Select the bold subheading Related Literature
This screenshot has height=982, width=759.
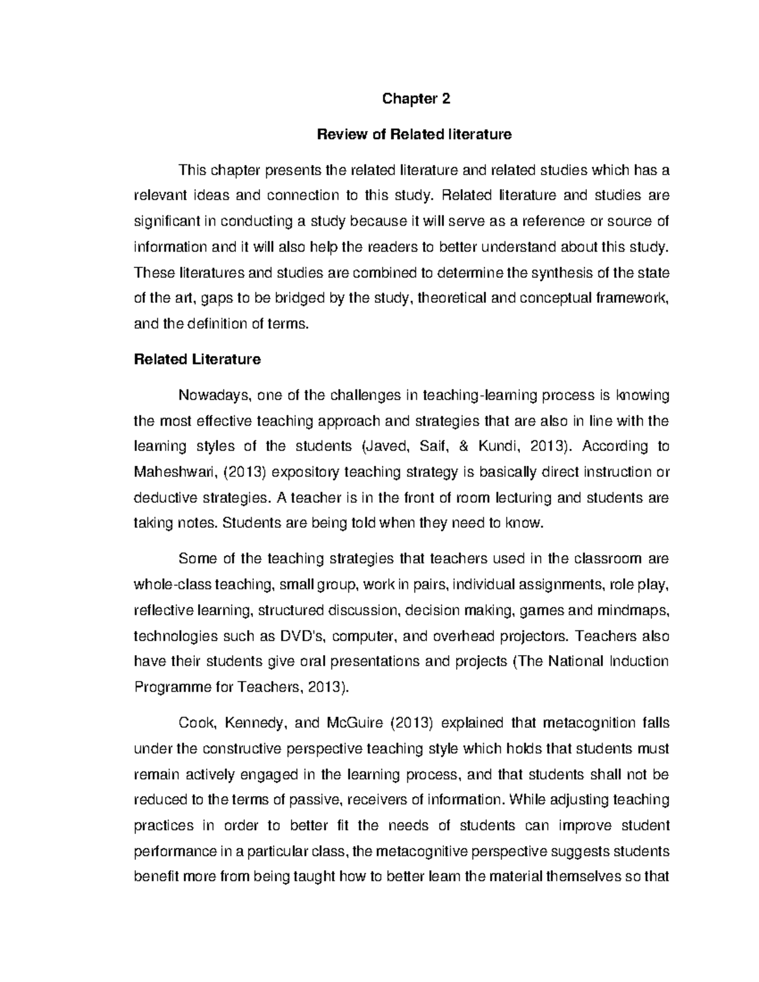pyautogui.click(x=197, y=359)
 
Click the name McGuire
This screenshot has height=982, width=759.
pyautogui.click(x=354, y=723)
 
